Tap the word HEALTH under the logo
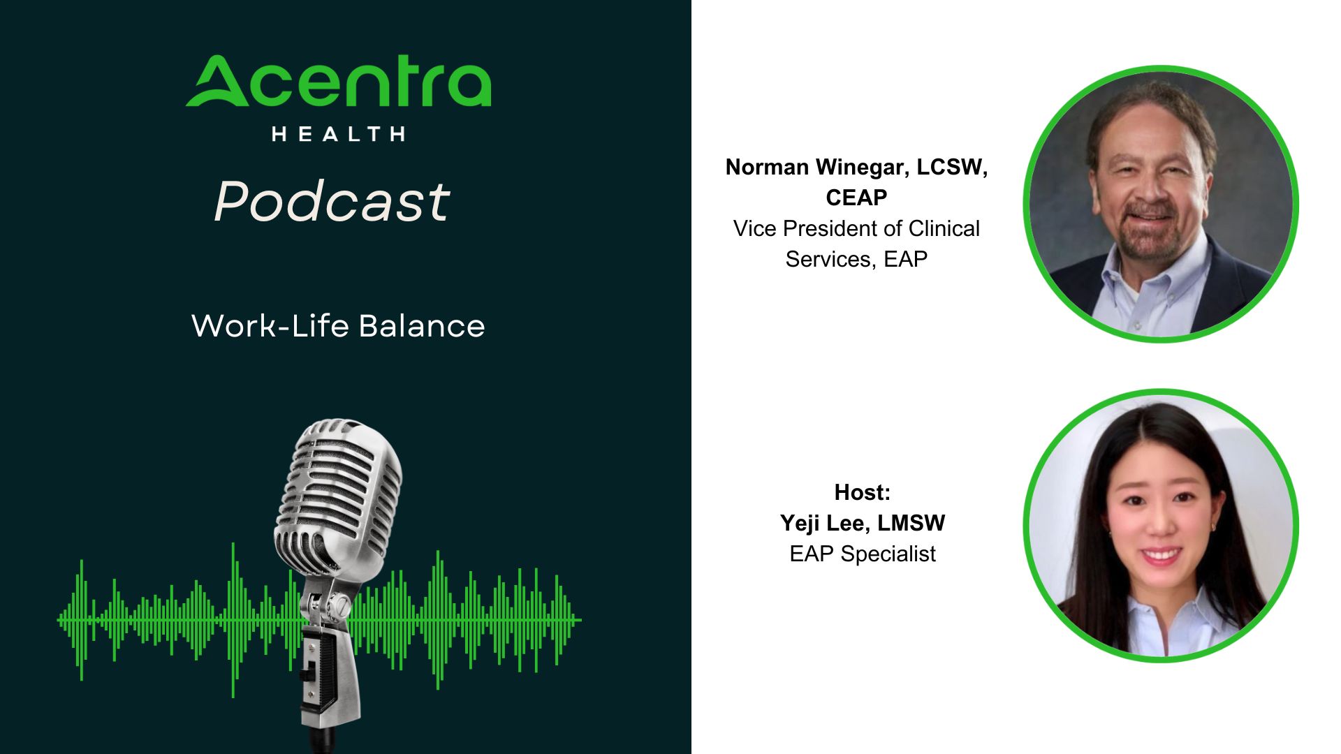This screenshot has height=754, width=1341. point(339,134)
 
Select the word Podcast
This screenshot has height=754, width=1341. point(332,202)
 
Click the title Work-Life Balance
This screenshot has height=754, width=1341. point(338,326)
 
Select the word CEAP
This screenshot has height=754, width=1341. point(856,198)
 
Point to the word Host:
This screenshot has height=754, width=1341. point(863,492)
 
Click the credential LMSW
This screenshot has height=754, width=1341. point(911,523)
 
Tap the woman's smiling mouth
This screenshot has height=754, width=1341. point(1161,556)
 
